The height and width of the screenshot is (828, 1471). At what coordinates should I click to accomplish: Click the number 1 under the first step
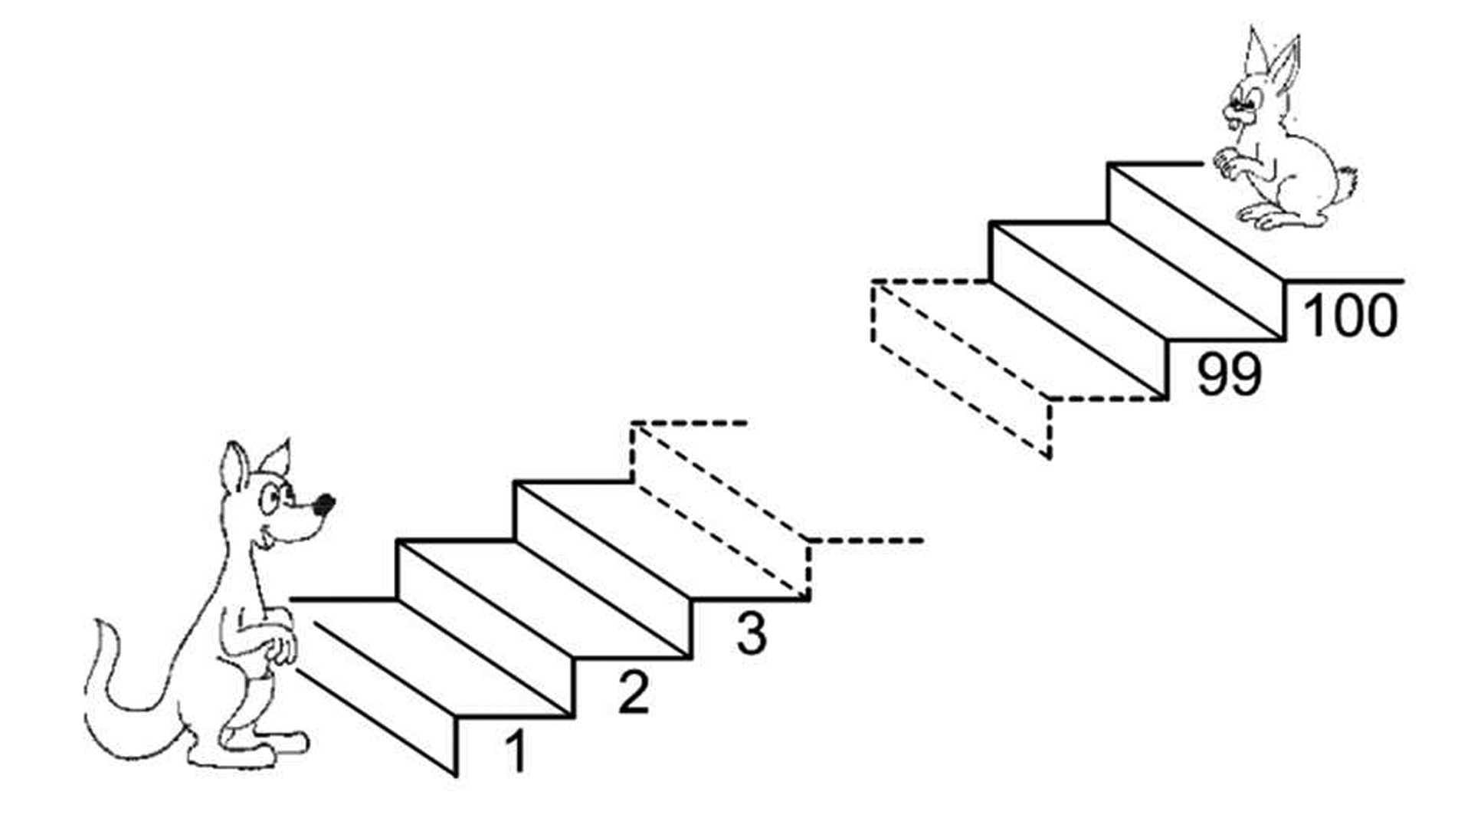[x=516, y=751]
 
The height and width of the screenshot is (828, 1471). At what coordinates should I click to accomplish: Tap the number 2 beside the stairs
[x=634, y=692]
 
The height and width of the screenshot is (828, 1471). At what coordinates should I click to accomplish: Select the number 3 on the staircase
[x=751, y=633]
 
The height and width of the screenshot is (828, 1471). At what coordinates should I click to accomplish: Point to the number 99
[x=1229, y=374]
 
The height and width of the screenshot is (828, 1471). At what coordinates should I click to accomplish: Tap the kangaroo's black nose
[x=325, y=504]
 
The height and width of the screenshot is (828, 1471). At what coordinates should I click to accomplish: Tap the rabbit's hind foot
[x=1272, y=219]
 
